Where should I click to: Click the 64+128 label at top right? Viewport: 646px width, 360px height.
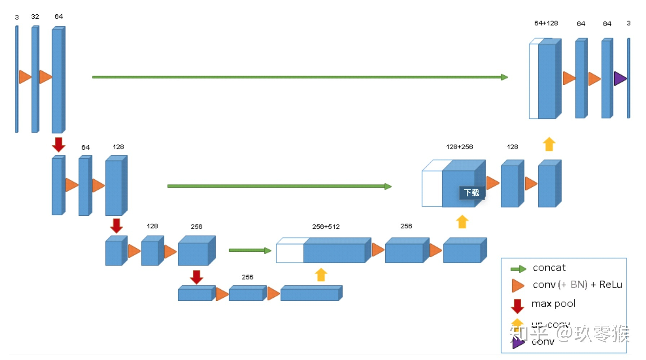[546, 23]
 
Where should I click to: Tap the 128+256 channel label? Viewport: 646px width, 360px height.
[459, 147]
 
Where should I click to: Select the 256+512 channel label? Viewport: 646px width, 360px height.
[326, 227]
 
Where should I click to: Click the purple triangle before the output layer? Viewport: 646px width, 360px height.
[620, 78]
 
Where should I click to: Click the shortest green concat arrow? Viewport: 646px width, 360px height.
[250, 250]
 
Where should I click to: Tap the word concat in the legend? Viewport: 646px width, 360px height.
[549, 268]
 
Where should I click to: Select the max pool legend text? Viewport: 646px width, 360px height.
[553, 304]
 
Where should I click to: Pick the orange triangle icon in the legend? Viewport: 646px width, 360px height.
[518, 285]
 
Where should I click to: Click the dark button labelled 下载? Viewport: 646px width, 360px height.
[472, 193]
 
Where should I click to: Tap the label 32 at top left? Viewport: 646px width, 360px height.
[35, 17]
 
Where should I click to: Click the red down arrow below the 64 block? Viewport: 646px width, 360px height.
[58, 144]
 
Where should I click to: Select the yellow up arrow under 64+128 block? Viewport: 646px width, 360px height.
[549, 144]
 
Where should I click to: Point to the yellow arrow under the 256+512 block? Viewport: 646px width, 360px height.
[321, 275]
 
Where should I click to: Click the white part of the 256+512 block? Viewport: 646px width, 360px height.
[289, 253]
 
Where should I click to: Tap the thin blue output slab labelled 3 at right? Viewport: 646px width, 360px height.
[629, 78]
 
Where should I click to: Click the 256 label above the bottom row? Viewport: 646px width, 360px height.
[247, 277]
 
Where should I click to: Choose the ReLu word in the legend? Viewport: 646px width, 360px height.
[611, 285]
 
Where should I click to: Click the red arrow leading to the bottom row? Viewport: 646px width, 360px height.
[196, 277]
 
